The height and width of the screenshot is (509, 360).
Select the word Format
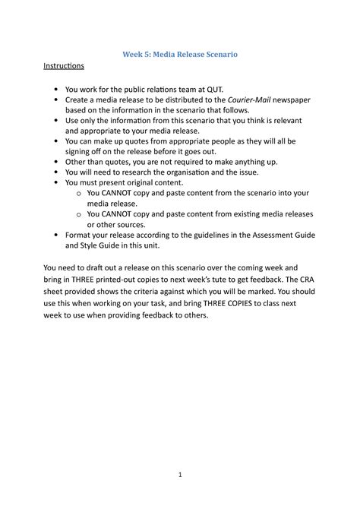81,236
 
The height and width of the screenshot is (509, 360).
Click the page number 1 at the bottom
180,475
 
